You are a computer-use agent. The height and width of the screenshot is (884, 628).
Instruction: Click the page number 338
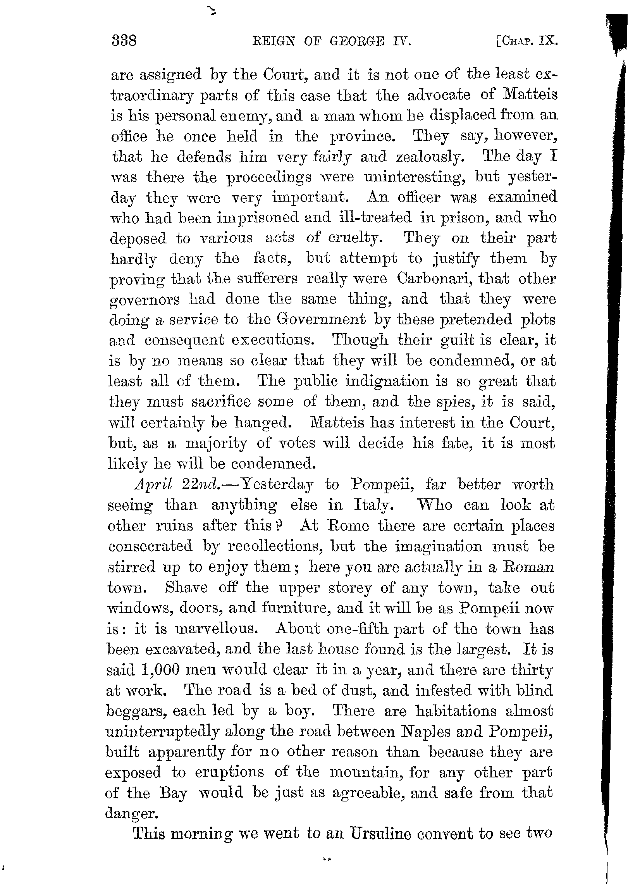[124, 41]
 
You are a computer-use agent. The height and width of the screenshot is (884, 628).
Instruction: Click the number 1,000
[160, 670]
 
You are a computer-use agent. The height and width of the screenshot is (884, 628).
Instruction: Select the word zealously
[428, 157]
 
